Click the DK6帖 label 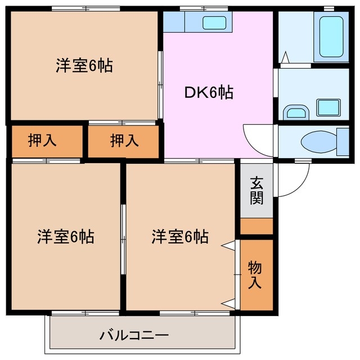[209, 92]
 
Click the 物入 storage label [255, 275]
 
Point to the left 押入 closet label [42, 141]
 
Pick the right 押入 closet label [124, 141]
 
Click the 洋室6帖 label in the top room [84, 66]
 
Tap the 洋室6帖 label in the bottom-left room [66, 237]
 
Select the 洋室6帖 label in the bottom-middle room [179, 237]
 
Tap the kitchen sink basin [214, 23]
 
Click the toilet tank [342, 141]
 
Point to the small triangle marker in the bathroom [285, 57]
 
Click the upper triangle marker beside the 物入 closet [229, 245]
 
